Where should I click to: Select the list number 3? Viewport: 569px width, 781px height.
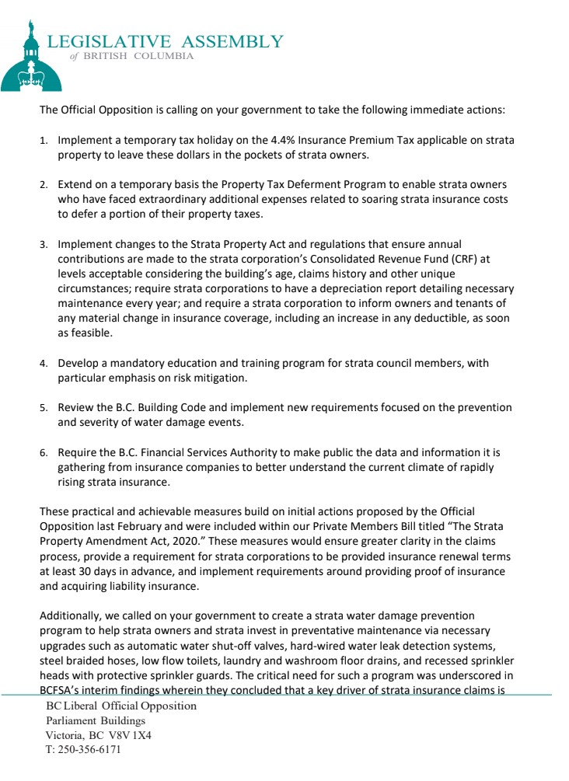pyautogui.click(x=44, y=245)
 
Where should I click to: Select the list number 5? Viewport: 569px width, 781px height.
pyautogui.click(x=44, y=408)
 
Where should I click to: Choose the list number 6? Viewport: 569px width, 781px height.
pyautogui.click(x=44, y=452)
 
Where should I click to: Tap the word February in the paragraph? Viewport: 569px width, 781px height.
pyautogui.click(x=126, y=527)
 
